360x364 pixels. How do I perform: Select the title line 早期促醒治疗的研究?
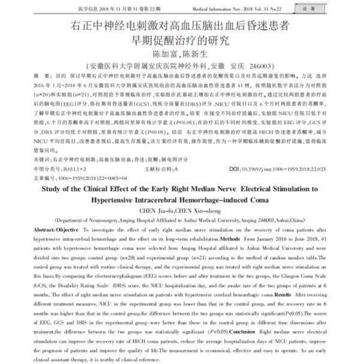[x=181, y=41]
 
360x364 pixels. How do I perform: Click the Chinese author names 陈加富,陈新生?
[x=181, y=54]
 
